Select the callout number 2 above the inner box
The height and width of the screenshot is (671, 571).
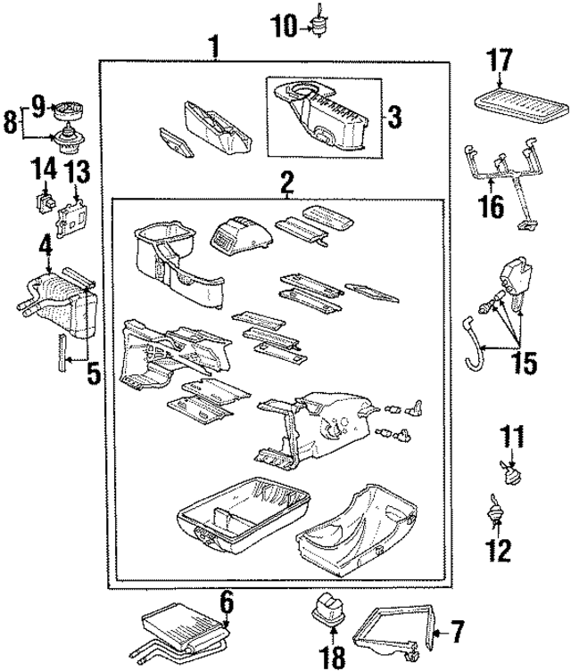(286, 184)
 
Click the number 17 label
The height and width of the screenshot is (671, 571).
(501, 62)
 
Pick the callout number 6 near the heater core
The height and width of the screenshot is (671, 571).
(227, 602)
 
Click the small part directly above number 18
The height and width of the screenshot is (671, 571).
(327, 615)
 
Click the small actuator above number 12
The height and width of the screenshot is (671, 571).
(492, 516)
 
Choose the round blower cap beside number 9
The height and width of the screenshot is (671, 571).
(68, 111)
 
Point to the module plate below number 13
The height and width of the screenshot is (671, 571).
(71, 217)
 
